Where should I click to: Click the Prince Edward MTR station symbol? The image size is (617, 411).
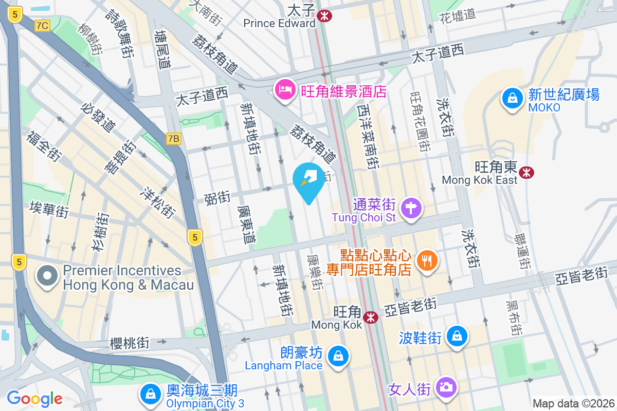coord(324,16)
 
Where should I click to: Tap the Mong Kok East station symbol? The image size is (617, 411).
coord(526,173)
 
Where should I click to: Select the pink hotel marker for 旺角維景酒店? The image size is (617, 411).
coord(284,91)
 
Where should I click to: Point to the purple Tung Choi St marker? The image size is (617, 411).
coord(412,209)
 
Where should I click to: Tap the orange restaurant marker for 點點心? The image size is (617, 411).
coord(426,260)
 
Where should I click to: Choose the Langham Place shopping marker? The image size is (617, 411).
coord(338,356)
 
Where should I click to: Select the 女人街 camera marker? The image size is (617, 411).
coord(446,387)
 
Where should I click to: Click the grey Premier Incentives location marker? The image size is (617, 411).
coord(47,276)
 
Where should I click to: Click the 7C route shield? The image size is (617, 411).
coord(43,25)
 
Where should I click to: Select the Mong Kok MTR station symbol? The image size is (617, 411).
coord(370,318)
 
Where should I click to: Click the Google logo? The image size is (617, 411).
coord(34,398)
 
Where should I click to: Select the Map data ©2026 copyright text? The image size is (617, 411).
coord(573,403)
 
